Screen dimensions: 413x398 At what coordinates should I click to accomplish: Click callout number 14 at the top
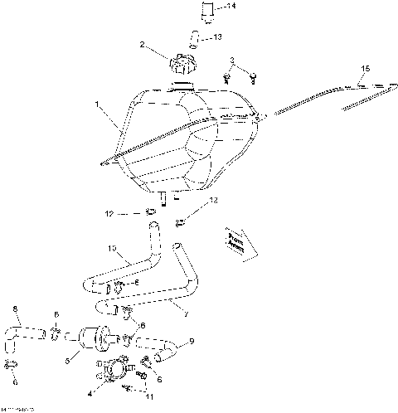tap(231, 7)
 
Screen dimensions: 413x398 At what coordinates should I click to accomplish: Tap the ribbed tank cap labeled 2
tap(181, 64)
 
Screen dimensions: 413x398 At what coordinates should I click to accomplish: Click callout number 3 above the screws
tap(232, 60)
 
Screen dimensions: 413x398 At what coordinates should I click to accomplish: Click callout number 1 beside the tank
tap(99, 106)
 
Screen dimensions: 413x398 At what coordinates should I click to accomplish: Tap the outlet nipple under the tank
tap(163, 199)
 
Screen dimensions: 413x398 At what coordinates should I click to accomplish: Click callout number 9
tap(192, 340)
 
